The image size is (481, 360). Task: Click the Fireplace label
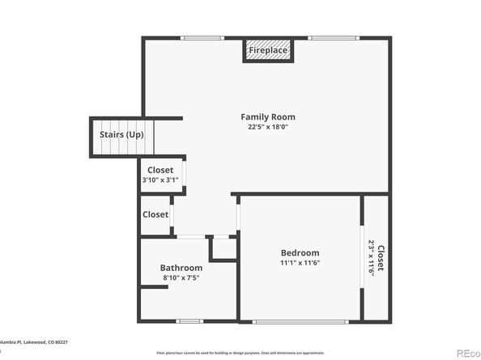point(269,50)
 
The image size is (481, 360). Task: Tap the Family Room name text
point(268,116)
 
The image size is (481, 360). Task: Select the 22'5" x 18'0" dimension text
point(268,127)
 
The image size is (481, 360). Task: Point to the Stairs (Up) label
point(121,134)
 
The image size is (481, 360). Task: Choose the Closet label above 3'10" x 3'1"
point(160,170)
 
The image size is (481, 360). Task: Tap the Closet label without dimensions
point(155,214)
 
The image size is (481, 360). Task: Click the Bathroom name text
point(181,268)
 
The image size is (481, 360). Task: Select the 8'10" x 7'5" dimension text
point(181,277)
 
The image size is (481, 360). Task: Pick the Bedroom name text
point(300,252)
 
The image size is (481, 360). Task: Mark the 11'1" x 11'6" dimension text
point(300,262)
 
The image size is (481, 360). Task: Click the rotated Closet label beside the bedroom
point(381,258)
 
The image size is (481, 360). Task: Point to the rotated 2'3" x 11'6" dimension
point(372,258)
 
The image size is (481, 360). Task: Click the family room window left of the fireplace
point(202,37)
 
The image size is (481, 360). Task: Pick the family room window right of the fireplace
point(333,37)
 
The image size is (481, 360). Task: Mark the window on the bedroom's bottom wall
point(300,321)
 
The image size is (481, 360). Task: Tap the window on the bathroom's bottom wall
point(189,321)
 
